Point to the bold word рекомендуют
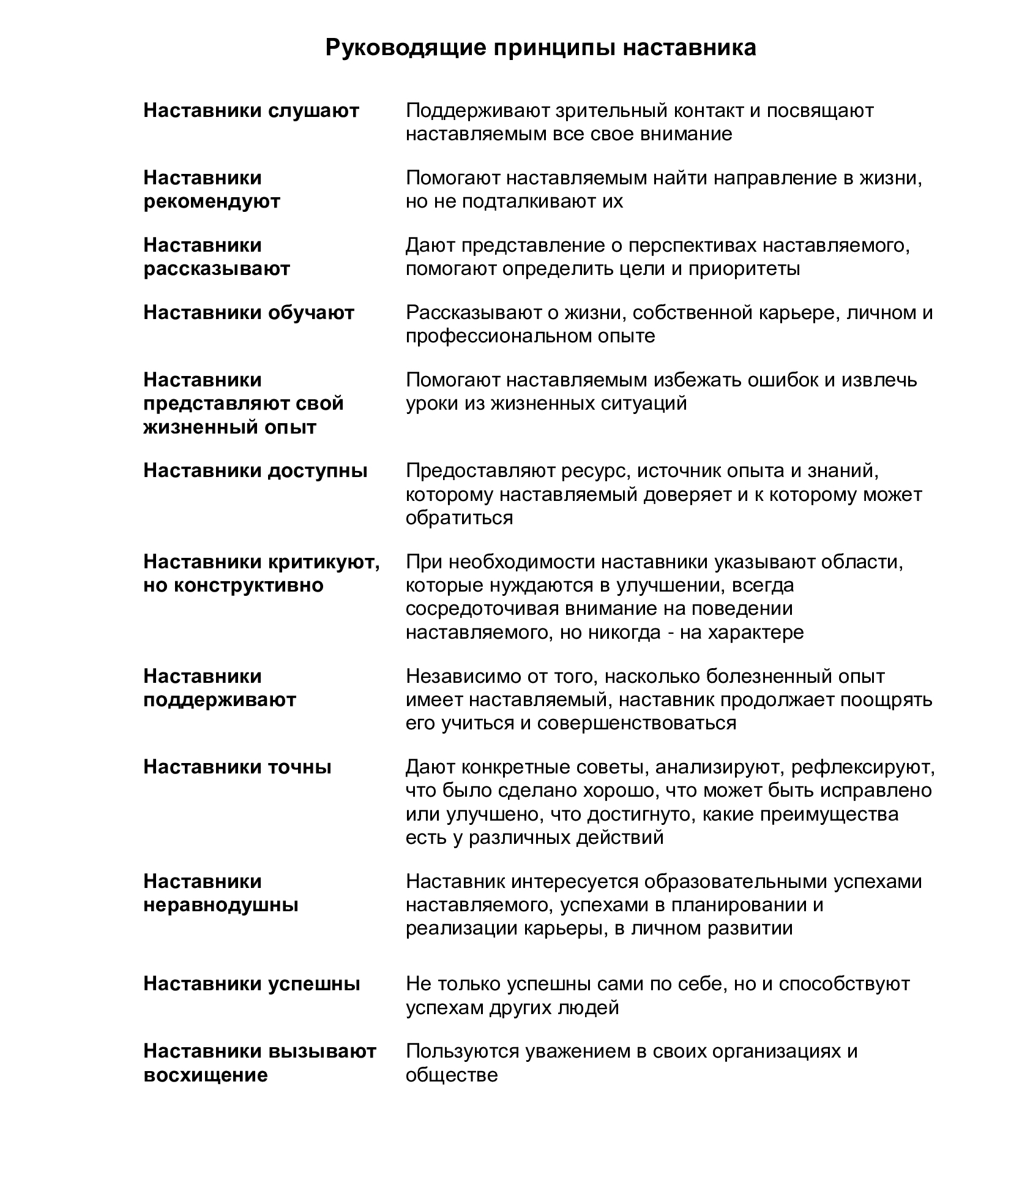point(212,201)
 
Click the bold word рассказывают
point(217,269)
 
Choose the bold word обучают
point(312,313)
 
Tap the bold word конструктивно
point(249,585)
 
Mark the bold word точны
point(300,767)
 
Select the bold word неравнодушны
point(221,905)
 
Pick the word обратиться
point(460,517)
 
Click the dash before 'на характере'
point(669,633)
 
